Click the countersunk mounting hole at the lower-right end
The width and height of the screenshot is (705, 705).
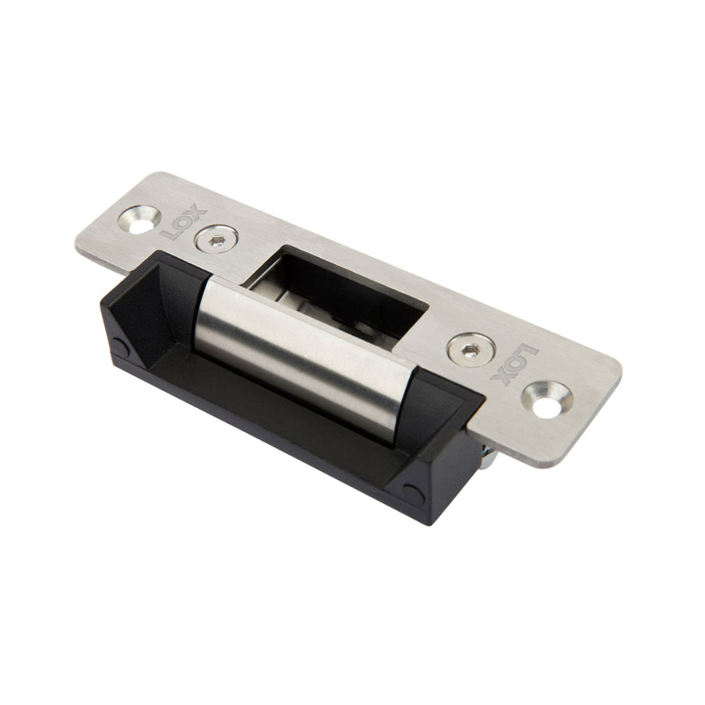click(x=547, y=398)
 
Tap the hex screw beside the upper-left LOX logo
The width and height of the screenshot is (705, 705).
click(x=216, y=239)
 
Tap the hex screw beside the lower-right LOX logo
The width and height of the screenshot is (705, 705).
click(x=470, y=349)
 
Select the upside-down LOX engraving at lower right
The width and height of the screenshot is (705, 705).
click(x=514, y=365)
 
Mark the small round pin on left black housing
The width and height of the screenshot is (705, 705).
click(x=119, y=346)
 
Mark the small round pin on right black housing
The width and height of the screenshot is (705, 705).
click(x=411, y=493)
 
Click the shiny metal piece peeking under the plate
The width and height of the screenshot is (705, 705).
click(x=487, y=451)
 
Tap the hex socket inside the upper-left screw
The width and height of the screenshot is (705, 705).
click(x=216, y=239)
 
